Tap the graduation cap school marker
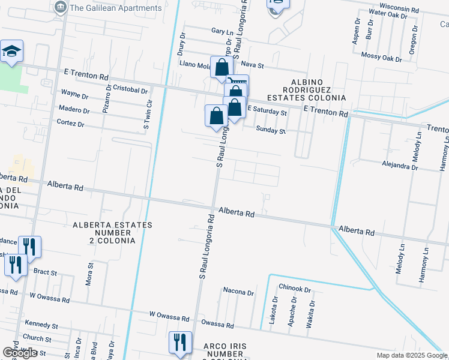[11, 53]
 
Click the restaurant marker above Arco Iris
[180, 343]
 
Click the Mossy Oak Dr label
[382, 58]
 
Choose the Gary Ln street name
[221, 31]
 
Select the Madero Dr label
[74, 110]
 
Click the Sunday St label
[270, 129]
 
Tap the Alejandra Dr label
[400, 167]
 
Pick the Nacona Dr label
[238, 292]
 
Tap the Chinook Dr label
[298, 289]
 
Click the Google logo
[20, 353]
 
